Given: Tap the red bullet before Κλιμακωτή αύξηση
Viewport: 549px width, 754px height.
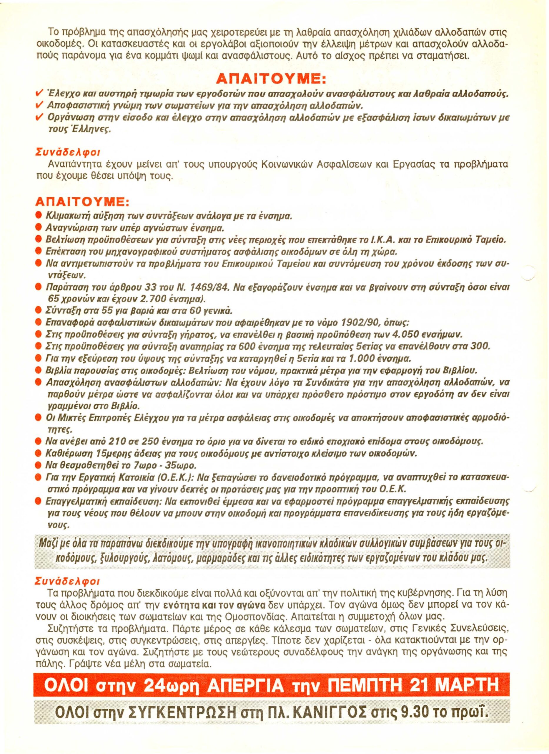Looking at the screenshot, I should [x=39, y=216].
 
